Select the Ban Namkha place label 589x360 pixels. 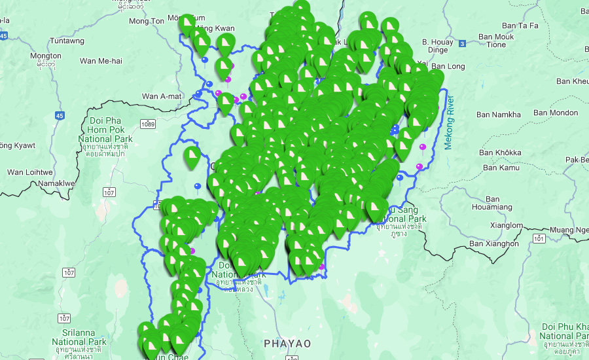click(x=499, y=115)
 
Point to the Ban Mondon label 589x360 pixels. click(x=556, y=113)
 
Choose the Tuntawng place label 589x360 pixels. click(x=67, y=41)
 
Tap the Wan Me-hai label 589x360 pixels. click(x=101, y=62)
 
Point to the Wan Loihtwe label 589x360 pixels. click(x=29, y=172)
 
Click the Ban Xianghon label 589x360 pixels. click(x=494, y=243)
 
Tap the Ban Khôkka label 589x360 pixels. click(x=499, y=153)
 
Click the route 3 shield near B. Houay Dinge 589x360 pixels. click(x=462, y=44)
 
